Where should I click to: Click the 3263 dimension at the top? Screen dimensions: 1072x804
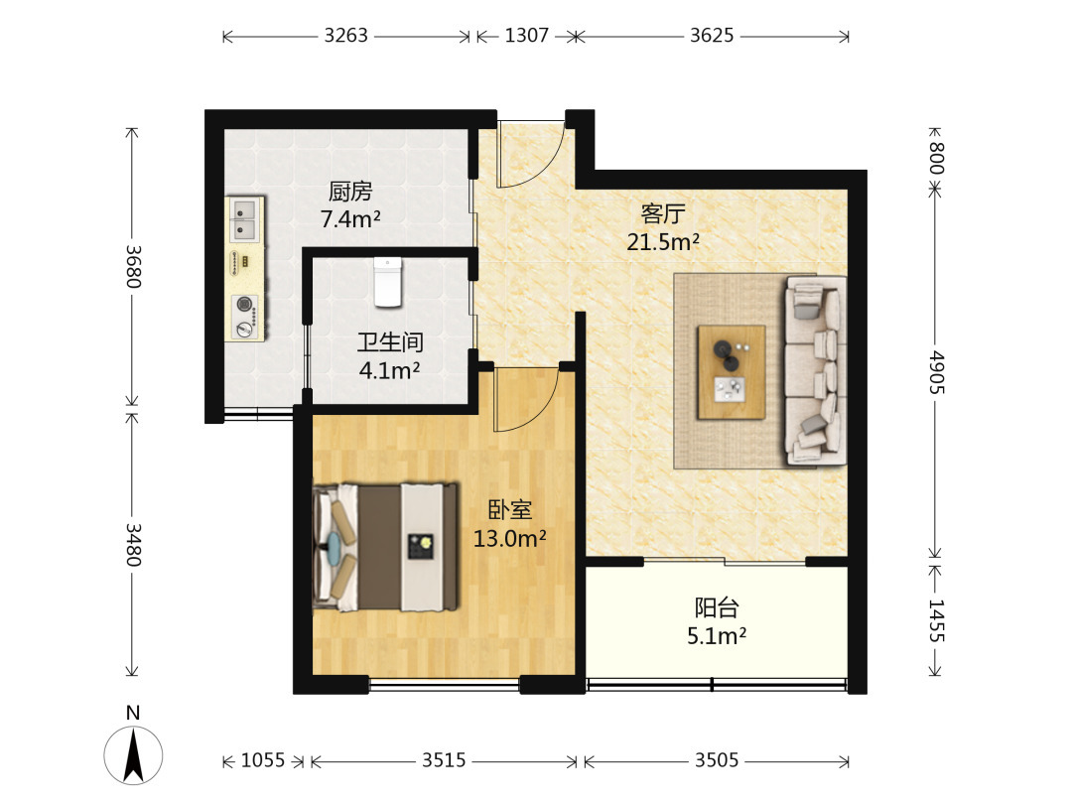pyautogui.click(x=346, y=35)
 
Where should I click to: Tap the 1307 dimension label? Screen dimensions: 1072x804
pyautogui.click(x=526, y=35)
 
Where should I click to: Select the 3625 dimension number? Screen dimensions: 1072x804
pyautogui.click(x=712, y=35)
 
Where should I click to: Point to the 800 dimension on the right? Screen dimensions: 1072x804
pyautogui.click(x=935, y=158)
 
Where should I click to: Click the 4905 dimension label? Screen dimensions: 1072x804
pyautogui.click(x=935, y=372)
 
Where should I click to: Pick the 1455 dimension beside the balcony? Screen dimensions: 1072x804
pyautogui.click(x=935, y=620)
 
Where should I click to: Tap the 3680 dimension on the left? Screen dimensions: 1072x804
pyautogui.click(x=133, y=266)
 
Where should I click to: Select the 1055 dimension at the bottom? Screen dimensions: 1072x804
pyautogui.click(x=262, y=760)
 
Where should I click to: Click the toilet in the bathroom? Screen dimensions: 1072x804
pyautogui.click(x=388, y=282)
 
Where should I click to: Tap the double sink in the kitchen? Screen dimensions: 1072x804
pyautogui.click(x=244, y=218)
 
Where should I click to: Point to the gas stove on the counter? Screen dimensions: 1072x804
pyautogui.click(x=245, y=316)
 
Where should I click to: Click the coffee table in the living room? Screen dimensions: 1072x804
pyautogui.click(x=731, y=372)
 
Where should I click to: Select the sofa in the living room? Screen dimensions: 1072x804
pyautogui.click(x=816, y=370)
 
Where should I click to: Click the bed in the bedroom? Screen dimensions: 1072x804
pyautogui.click(x=385, y=547)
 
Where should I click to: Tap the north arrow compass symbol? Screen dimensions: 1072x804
pyautogui.click(x=133, y=754)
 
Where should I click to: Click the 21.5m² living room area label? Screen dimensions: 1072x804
pyautogui.click(x=662, y=241)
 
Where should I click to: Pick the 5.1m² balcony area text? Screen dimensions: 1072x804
pyautogui.click(x=717, y=636)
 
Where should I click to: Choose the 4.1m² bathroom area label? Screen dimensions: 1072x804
pyautogui.click(x=389, y=370)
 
